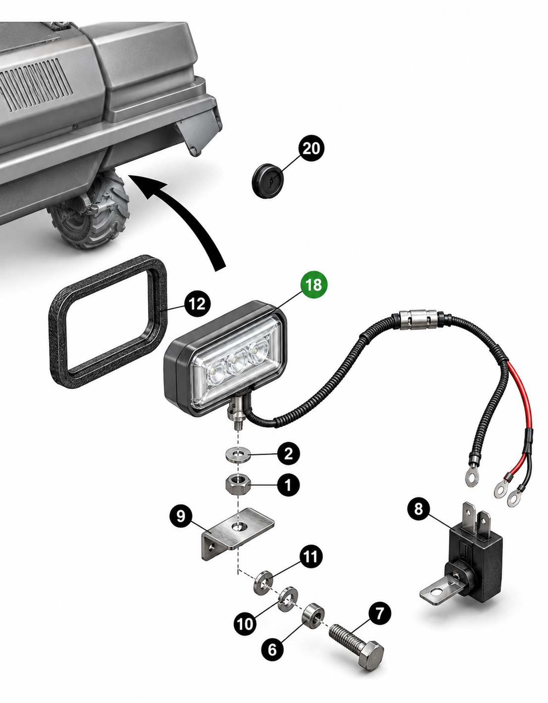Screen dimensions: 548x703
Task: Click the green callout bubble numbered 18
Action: click(x=314, y=285)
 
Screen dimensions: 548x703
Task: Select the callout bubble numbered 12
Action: click(x=198, y=304)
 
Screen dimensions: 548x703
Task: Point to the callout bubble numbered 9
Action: click(x=181, y=516)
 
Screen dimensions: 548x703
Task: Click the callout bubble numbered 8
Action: click(x=419, y=509)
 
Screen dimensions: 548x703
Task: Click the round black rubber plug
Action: click(x=267, y=181)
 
